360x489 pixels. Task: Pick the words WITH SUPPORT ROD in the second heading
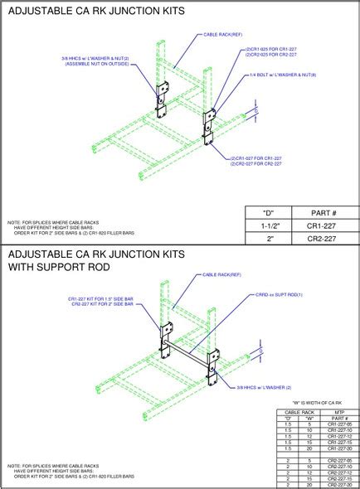(x=58, y=269)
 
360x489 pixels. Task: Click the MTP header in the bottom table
(x=336, y=410)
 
